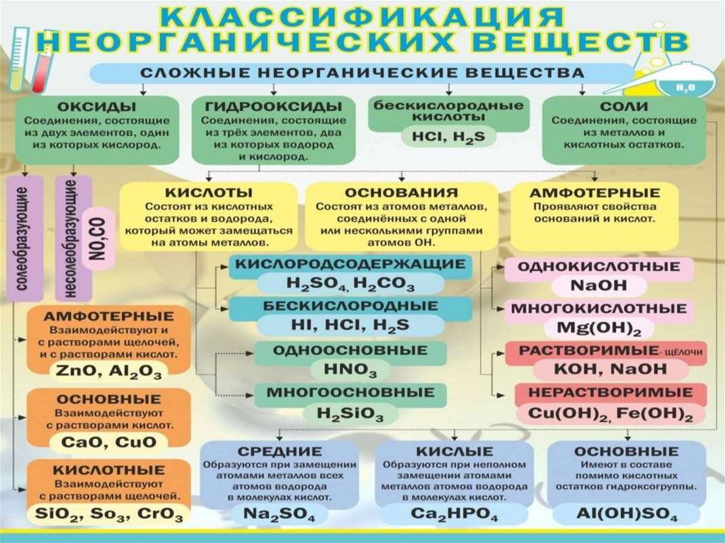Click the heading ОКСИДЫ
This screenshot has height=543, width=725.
pyautogui.click(x=97, y=106)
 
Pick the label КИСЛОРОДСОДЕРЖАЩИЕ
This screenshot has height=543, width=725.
pyautogui.click(x=350, y=264)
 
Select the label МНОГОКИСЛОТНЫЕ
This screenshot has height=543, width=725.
pyautogui.click(x=598, y=309)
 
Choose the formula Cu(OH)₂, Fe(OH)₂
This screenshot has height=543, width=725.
pyautogui.click(x=606, y=413)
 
